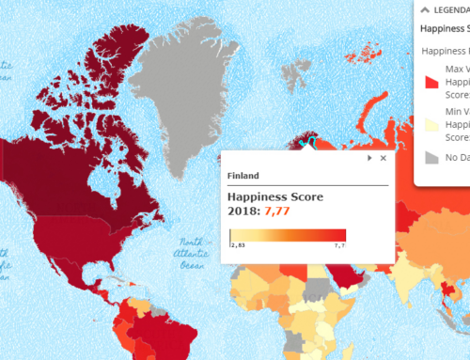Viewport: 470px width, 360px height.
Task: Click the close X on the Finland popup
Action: click(383, 159)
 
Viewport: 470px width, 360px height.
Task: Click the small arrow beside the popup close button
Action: click(369, 159)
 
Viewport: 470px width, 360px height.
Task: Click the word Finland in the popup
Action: click(243, 176)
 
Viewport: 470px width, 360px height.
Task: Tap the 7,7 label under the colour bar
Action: click(338, 243)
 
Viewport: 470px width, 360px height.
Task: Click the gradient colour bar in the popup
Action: click(288, 234)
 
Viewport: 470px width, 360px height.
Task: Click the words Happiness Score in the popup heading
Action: click(277, 197)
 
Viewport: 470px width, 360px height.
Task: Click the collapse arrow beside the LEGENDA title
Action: click(424, 9)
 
